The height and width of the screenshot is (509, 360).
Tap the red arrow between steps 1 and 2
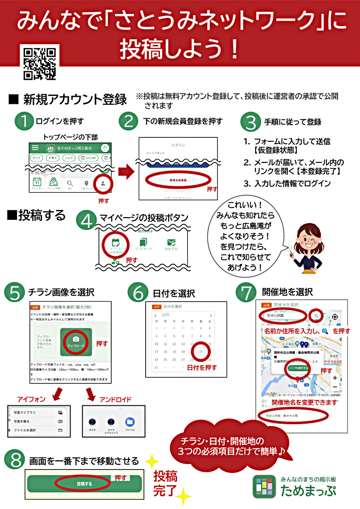(126, 172)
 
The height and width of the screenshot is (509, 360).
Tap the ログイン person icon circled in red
(103, 183)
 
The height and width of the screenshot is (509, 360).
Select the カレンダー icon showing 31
(37, 183)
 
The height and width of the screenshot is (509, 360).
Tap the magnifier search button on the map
(316, 316)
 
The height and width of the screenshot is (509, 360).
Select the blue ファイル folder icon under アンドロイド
(130, 422)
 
